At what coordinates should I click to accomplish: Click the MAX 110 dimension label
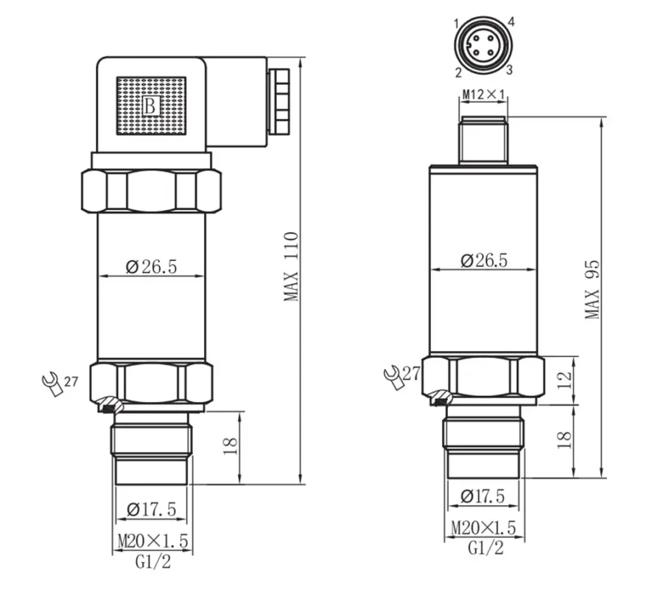[292, 266]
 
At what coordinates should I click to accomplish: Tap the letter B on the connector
[150, 105]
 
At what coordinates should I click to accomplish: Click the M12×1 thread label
[484, 94]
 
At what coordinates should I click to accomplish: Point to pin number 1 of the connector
[456, 24]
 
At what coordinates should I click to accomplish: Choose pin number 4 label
[511, 22]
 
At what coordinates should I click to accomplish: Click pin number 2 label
[458, 72]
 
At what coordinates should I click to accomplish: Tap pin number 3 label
[508, 70]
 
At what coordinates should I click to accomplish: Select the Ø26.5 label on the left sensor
[151, 266]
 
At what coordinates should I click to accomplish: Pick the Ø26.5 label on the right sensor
[484, 260]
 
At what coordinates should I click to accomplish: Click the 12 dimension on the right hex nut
[564, 380]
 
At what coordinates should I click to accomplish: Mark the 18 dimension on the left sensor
[231, 445]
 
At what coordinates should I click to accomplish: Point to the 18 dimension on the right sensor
[564, 440]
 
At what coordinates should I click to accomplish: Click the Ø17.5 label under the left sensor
[151, 509]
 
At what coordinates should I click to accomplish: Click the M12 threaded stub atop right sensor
[483, 140]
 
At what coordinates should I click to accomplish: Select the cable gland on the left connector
[278, 101]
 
